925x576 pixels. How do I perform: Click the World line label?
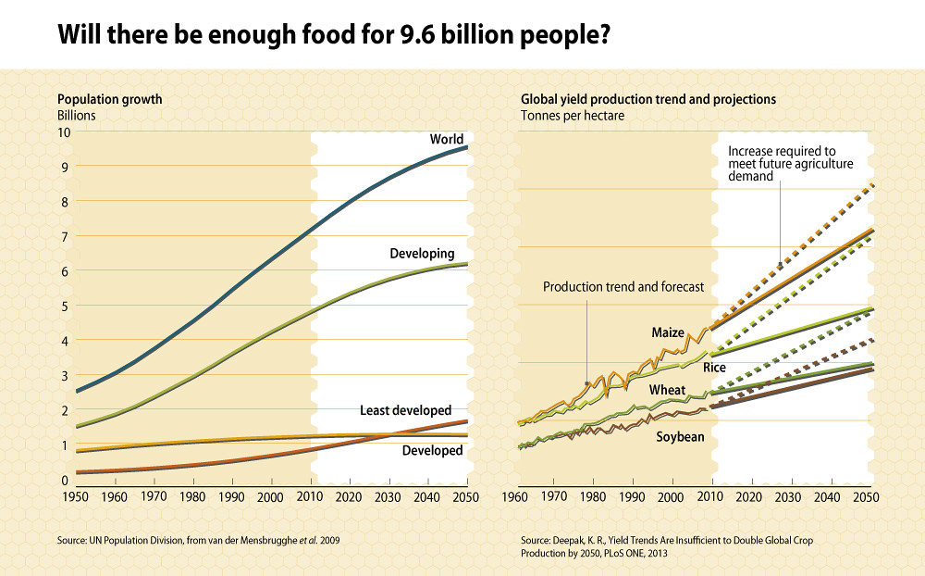446,140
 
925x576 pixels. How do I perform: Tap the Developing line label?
422,254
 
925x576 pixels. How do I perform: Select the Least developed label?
405,410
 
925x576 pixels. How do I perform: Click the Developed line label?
432,451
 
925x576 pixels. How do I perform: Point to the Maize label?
667,332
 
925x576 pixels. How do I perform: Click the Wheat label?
666,390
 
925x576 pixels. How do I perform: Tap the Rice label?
714,368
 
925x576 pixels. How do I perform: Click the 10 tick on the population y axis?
63,132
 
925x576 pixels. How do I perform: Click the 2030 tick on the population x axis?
388,497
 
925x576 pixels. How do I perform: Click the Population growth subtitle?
110,99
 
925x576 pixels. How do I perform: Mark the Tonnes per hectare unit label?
572,116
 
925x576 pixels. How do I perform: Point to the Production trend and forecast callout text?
623,287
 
